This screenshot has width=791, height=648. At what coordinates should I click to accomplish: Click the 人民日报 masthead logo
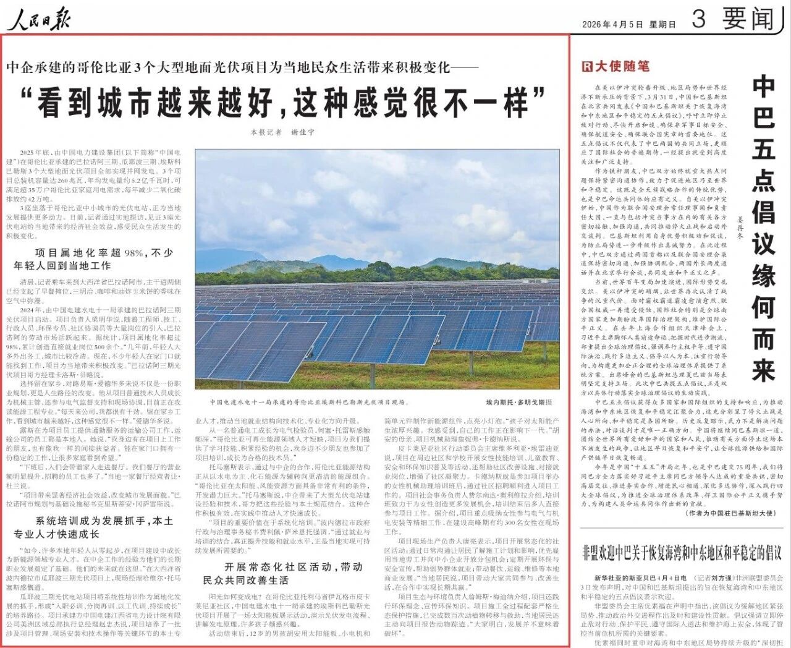(x=39, y=19)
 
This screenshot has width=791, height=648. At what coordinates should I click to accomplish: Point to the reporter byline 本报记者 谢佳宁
(x=282, y=132)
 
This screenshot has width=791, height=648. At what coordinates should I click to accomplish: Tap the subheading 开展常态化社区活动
(x=284, y=573)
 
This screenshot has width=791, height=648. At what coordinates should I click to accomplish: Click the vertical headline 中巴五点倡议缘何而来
(x=763, y=229)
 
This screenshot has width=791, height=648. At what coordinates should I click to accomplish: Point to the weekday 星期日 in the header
(x=662, y=25)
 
